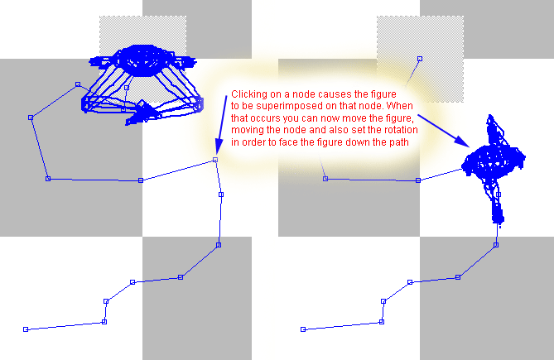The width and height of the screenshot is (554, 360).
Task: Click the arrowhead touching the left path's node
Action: point(219,148)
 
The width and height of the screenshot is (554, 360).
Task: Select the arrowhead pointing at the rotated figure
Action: point(462,142)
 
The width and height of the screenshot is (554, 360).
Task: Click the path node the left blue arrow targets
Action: point(215,160)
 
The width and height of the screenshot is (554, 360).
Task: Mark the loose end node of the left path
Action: point(26,329)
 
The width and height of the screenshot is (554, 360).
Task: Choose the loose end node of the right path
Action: point(303,329)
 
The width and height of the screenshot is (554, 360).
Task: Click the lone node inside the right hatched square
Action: point(420,59)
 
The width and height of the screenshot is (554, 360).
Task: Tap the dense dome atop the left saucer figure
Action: point(142,60)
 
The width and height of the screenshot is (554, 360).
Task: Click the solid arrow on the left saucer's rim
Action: point(142,113)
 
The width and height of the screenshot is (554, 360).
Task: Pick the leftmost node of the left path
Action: point(31,118)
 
